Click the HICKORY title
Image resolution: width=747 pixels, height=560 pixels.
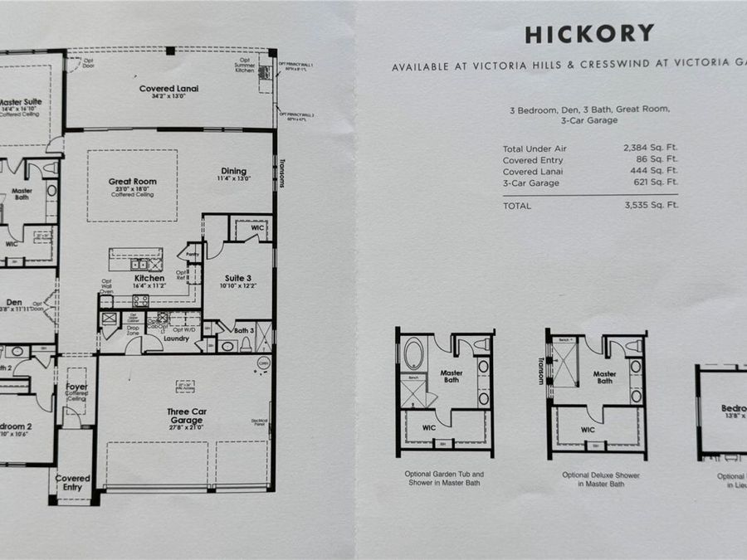click(588, 34)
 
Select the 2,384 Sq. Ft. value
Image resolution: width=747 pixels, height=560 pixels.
click(651, 148)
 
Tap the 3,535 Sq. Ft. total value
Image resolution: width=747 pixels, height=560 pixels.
click(651, 205)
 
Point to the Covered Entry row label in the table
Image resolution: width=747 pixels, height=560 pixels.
click(533, 159)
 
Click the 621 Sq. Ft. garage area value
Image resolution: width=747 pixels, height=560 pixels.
click(655, 183)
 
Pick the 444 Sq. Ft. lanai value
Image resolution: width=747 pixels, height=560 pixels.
click(655, 171)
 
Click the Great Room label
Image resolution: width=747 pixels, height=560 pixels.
click(132, 182)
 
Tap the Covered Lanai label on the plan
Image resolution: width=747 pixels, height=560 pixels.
click(168, 87)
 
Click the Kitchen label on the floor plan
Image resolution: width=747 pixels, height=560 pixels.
click(149, 279)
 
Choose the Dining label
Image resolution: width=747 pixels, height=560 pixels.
click(233, 172)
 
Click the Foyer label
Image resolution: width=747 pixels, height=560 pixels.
click(76, 387)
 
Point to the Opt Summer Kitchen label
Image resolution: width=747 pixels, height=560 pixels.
click(245, 64)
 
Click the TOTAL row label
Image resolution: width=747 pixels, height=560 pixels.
click(518, 205)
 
